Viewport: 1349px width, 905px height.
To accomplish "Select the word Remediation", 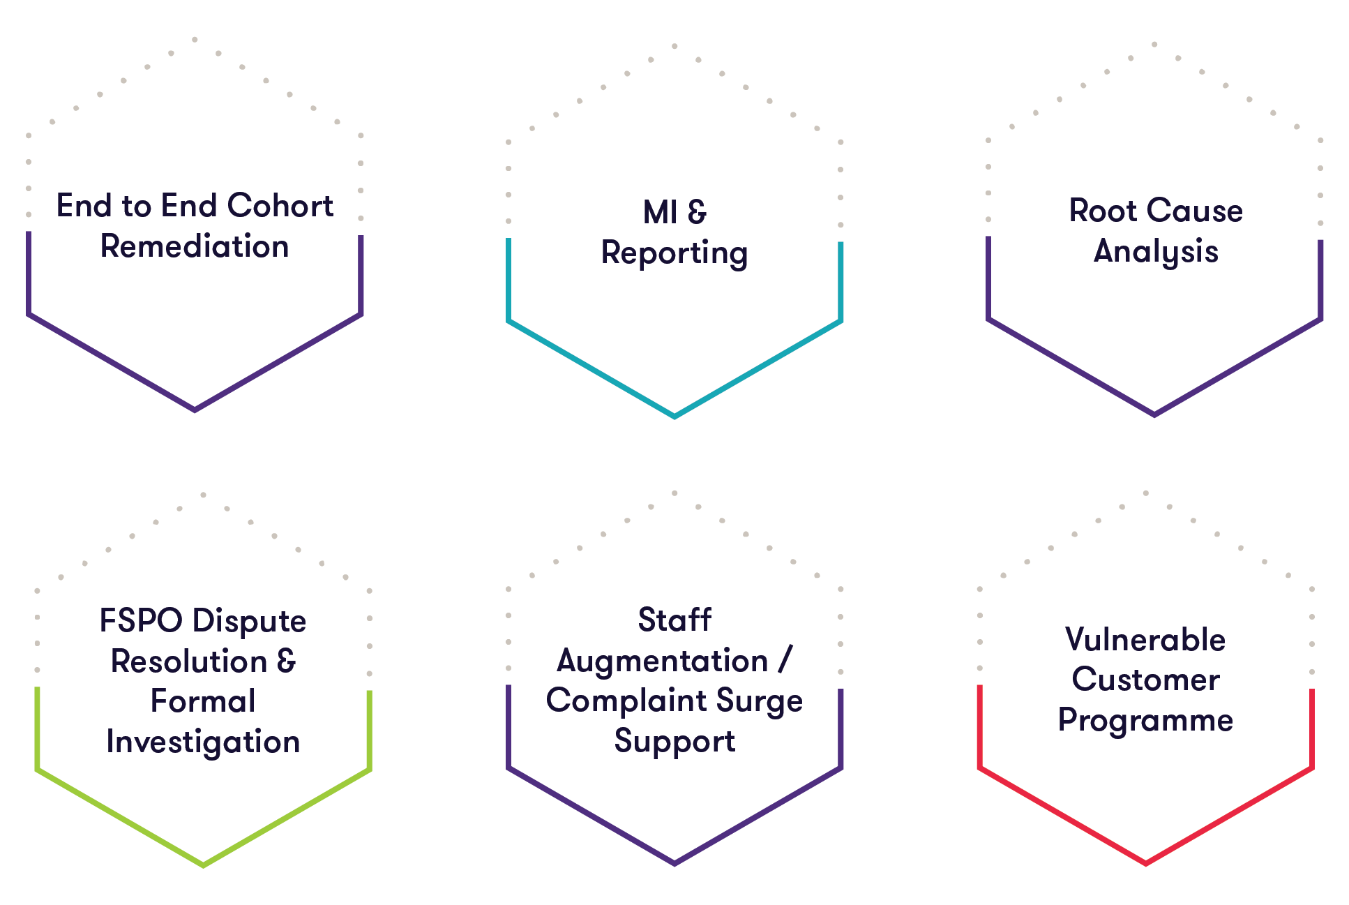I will click(x=195, y=246).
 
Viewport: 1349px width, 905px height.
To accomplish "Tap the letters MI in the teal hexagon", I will click(x=660, y=212).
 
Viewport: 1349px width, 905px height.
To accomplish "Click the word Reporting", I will click(x=674, y=253).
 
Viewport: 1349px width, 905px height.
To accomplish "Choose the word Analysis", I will click(x=1156, y=251).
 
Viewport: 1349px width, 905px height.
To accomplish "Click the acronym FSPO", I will click(x=141, y=620).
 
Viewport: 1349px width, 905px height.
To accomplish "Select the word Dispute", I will click(x=249, y=621).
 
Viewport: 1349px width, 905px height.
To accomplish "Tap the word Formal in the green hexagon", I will click(x=203, y=701).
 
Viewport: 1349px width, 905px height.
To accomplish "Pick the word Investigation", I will click(x=203, y=742).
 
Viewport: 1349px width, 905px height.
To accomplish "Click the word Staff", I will click(x=674, y=620).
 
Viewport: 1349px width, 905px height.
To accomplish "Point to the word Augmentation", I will click(x=662, y=661).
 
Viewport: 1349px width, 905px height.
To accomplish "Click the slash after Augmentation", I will click(x=785, y=660).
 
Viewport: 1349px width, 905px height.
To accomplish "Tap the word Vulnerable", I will click(x=1145, y=639).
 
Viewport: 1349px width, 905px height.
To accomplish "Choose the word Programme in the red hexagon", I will click(x=1145, y=720).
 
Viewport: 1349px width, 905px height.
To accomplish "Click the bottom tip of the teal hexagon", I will click(x=674, y=417).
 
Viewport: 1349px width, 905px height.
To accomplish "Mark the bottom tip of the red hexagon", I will click(x=1145, y=864).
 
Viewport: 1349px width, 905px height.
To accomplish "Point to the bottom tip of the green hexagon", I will click(x=203, y=865).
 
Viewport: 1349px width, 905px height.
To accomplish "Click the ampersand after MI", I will click(x=696, y=212).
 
